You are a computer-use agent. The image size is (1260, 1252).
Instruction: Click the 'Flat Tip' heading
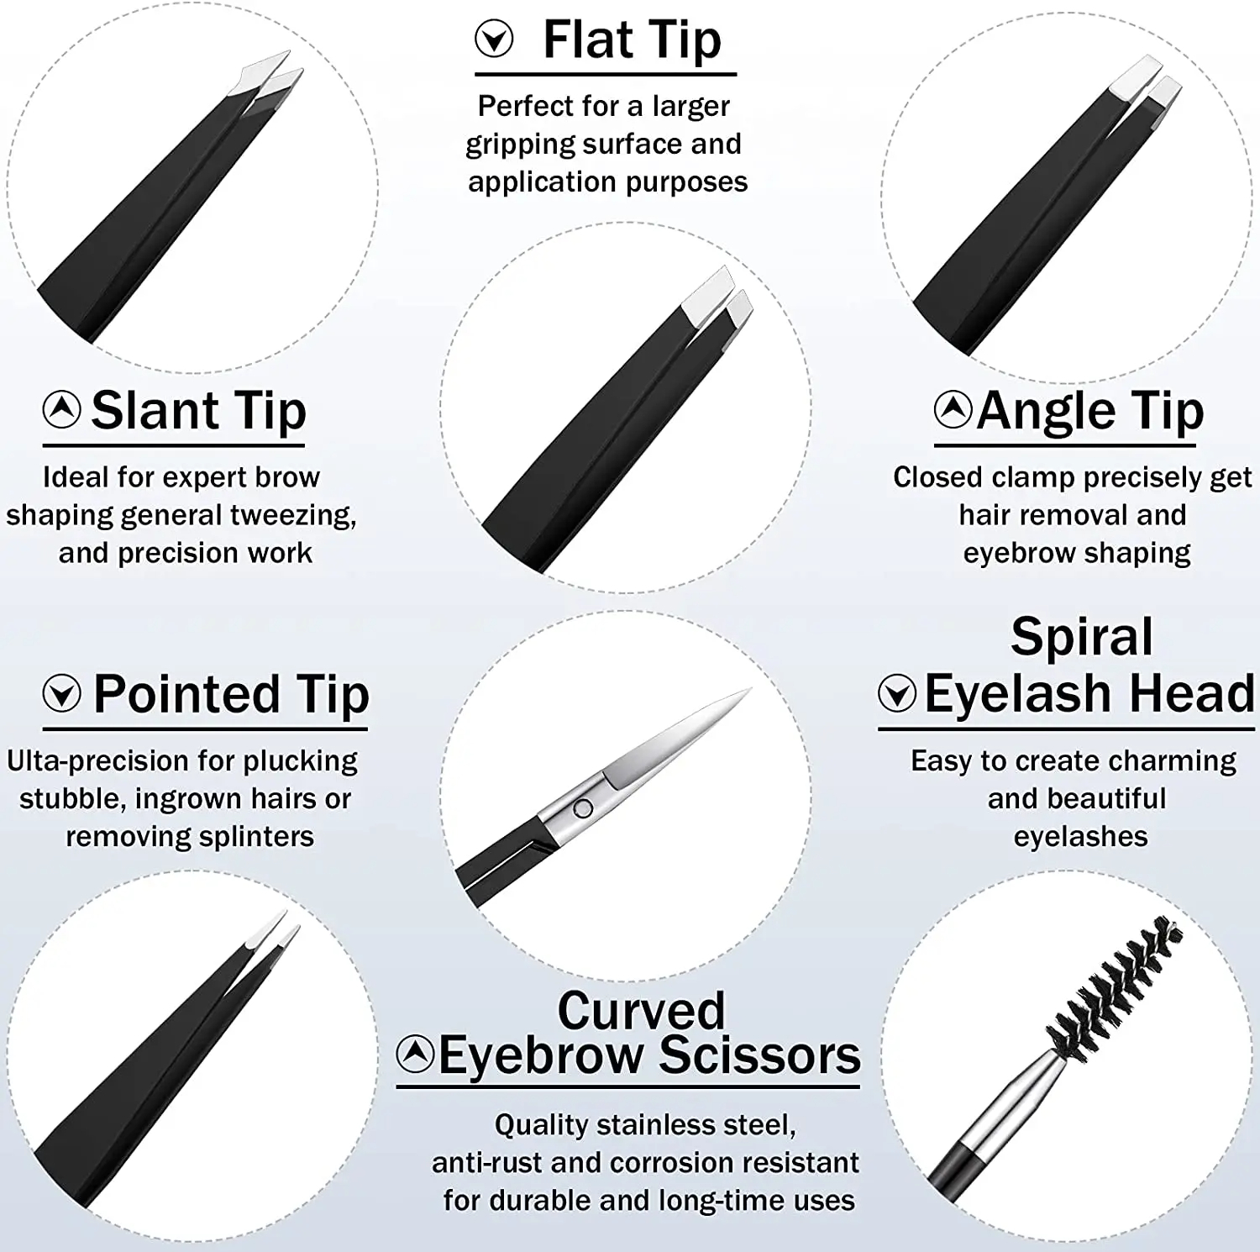click(632, 40)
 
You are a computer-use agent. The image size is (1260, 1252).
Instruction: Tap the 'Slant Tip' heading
click(198, 411)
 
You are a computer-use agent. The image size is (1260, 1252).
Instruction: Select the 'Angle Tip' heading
click(1090, 411)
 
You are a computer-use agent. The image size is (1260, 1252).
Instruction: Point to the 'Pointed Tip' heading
click(231, 695)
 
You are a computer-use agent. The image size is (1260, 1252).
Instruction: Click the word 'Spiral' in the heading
click(1082, 636)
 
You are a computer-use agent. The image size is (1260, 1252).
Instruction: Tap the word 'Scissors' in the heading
click(760, 1055)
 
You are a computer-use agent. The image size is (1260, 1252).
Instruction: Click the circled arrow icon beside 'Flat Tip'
click(494, 39)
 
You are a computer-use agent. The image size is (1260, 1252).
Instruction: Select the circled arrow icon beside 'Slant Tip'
click(62, 409)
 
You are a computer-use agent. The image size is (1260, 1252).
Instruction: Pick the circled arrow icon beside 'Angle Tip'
click(953, 409)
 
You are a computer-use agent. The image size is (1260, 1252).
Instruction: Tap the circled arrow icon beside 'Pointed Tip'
click(62, 693)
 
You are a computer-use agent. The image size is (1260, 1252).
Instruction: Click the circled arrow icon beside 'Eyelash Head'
click(897, 693)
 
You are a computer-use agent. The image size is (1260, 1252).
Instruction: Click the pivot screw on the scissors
click(582, 808)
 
